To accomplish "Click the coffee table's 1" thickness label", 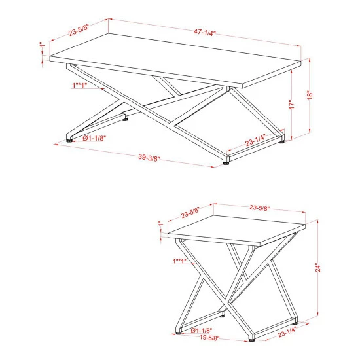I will click(x=41, y=45).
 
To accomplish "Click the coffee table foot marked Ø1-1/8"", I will click(x=69, y=139).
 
